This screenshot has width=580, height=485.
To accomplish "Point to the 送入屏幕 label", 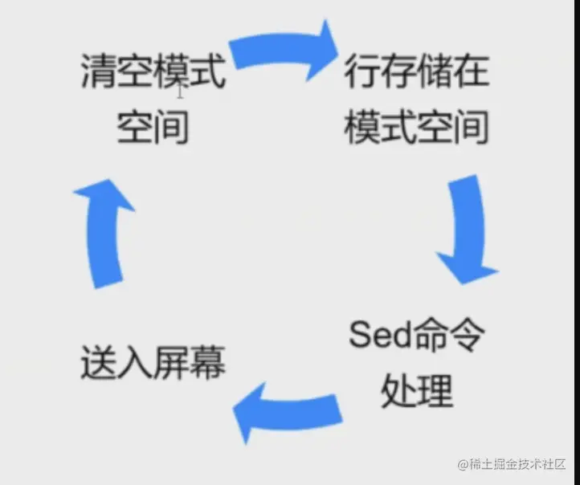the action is click(x=153, y=365).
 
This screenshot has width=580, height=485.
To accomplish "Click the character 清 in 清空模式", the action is click(x=99, y=74).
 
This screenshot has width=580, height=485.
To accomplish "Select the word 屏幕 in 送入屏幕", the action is click(x=189, y=365).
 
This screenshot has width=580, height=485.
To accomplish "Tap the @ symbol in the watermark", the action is click(x=464, y=466).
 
